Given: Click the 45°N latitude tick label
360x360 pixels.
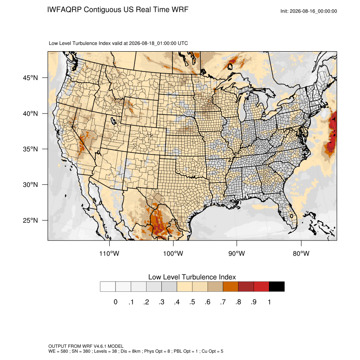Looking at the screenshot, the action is (x=30, y=78).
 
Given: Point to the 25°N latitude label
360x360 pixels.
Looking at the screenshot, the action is (x=30, y=220).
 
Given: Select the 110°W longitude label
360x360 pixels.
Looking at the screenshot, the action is (x=109, y=253).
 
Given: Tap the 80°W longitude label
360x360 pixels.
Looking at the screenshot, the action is (x=301, y=253).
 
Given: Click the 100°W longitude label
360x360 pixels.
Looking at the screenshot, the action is (x=173, y=253).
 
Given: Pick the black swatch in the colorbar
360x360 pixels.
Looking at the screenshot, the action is (x=277, y=287).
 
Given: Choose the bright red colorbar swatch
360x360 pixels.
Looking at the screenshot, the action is (x=261, y=287).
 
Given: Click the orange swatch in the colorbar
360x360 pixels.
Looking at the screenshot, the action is (x=230, y=287).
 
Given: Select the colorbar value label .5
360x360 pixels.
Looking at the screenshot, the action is (x=192, y=302).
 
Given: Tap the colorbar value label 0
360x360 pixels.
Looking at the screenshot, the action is (x=116, y=302).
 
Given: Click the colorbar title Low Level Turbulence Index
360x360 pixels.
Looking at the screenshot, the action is (x=192, y=277).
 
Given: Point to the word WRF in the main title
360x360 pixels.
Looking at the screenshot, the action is (x=180, y=10).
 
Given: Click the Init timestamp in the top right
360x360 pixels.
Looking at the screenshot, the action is (x=309, y=11).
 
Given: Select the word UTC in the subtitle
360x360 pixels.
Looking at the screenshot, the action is (x=183, y=43).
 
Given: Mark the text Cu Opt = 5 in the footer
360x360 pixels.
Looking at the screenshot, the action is (x=212, y=351).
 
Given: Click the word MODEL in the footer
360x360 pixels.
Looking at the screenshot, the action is (x=116, y=346).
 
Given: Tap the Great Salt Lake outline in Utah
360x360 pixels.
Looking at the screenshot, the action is (x=113, y=121).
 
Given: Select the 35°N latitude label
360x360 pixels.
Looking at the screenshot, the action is (x=30, y=149).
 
